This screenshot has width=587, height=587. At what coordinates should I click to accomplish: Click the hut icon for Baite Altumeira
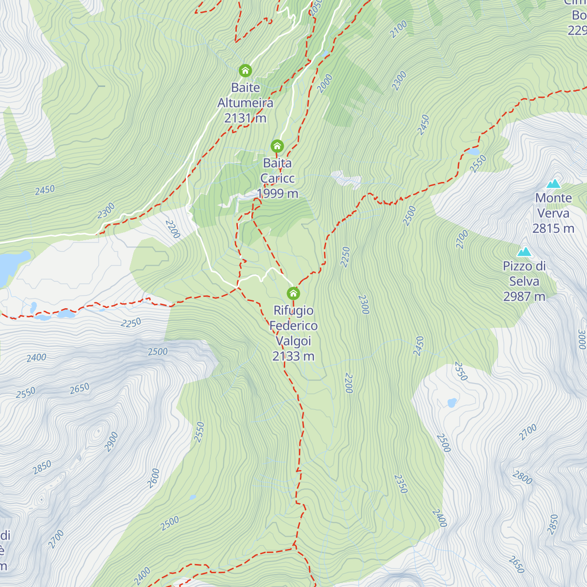click(x=245, y=71)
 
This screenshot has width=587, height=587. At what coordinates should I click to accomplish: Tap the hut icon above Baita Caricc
click(x=277, y=146)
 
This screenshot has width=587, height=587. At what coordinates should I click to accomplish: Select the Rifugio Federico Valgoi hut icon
click(x=293, y=293)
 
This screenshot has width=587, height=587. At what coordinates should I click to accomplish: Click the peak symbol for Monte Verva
click(x=553, y=184)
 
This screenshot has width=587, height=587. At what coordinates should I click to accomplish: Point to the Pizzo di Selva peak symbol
click(x=524, y=252)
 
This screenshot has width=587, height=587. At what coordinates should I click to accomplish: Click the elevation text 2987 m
click(x=524, y=296)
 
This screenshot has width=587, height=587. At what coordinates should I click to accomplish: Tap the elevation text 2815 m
click(x=553, y=228)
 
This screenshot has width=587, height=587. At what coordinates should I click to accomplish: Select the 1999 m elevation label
click(x=277, y=194)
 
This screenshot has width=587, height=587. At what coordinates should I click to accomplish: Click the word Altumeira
click(x=245, y=103)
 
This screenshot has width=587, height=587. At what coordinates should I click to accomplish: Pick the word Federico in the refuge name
click(x=293, y=326)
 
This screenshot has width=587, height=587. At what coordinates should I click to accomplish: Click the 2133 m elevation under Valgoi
click(x=293, y=356)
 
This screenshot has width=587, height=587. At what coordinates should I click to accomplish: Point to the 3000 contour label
click(x=581, y=339)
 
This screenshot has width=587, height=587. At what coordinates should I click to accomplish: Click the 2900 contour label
click(x=112, y=442)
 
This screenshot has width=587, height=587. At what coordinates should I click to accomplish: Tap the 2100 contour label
click(x=399, y=29)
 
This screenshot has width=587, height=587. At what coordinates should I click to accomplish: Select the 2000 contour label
click(x=325, y=83)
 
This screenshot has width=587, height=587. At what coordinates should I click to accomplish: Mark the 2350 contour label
click(x=401, y=484)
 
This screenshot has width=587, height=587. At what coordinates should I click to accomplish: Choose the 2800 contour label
click(x=522, y=477)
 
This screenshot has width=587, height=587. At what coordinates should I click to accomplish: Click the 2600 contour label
click(x=154, y=478)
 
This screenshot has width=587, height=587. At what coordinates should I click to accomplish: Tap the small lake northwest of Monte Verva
click(x=473, y=152)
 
